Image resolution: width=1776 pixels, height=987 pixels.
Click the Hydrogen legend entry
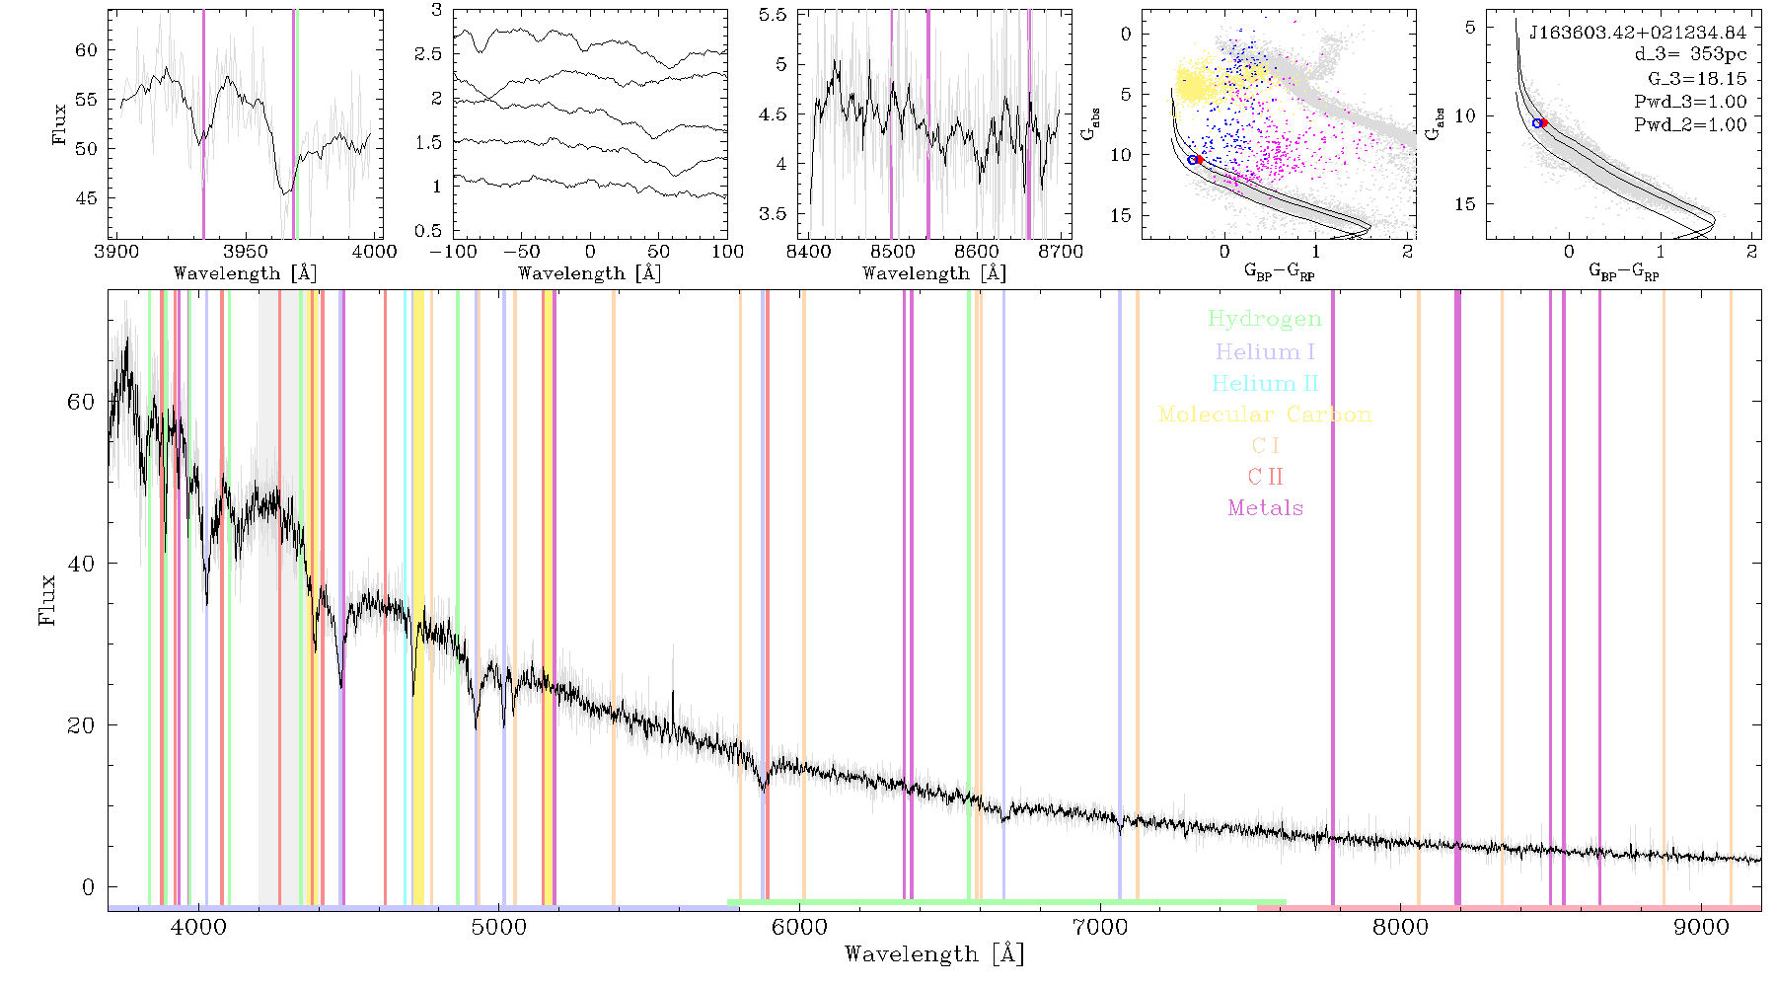click(1264, 320)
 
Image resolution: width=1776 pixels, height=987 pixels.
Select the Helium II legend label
click(1265, 383)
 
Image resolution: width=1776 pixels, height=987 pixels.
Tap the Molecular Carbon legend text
click(1265, 415)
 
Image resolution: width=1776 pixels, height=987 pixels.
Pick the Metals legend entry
click(1266, 508)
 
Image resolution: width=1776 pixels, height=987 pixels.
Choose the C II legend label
click(1266, 477)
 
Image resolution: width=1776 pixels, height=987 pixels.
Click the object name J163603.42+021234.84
click(1638, 33)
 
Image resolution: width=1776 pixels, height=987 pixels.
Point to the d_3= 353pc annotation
click(1677, 54)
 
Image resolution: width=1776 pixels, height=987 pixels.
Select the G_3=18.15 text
click(1697, 78)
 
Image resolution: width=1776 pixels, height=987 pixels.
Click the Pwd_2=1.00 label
click(1690, 124)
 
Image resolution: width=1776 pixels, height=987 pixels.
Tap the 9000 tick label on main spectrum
click(1701, 928)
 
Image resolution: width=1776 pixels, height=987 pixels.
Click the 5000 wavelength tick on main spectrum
click(499, 928)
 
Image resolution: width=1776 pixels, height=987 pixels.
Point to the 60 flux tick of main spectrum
click(81, 402)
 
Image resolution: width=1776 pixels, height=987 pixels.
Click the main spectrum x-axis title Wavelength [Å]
click(934, 954)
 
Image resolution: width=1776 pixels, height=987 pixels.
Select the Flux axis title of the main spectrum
click(46, 599)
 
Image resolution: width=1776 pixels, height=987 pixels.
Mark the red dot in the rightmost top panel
click(1544, 122)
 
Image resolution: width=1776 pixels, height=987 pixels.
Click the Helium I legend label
click(1265, 351)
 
